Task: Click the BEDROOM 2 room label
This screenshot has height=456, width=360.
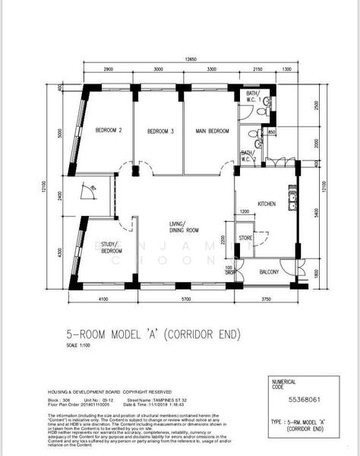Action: tap(109, 131)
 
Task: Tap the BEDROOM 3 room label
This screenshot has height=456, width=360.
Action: tap(160, 131)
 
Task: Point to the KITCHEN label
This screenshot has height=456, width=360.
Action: tap(267, 204)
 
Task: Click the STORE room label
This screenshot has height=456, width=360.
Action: tap(245, 238)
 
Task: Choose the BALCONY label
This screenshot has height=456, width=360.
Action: tap(270, 271)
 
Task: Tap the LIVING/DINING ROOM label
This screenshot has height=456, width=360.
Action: tap(183, 226)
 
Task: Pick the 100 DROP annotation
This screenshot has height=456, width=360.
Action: tap(229, 270)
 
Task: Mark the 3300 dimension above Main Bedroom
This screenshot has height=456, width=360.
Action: tap(212, 69)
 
